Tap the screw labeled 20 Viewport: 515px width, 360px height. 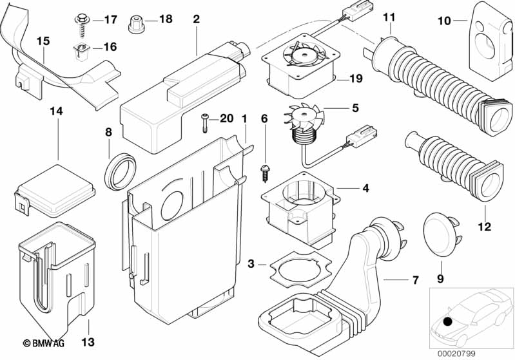tap(204, 122)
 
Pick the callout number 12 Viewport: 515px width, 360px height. tap(484, 227)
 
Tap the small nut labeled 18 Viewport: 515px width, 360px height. tap(136, 24)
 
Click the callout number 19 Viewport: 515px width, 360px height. tap(356, 79)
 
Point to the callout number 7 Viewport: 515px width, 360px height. tap(415, 280)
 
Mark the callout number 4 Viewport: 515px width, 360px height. tap(365, 189)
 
